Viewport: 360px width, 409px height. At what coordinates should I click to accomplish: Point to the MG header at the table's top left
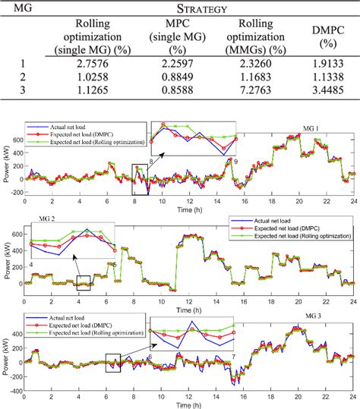21,9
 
